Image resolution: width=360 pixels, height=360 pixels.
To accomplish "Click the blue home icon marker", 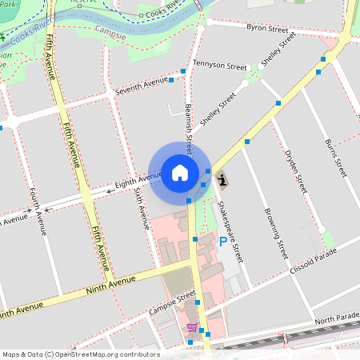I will pyautogui.click(x=180, y=172).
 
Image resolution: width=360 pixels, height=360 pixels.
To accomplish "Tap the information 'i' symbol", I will pyautogui.click(x=222, y=180).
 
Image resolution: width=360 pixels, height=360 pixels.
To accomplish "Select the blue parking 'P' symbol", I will pyautogui.click(x=222, y=240).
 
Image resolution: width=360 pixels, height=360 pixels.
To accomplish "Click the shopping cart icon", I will pyautogui.click(x=192, y=327).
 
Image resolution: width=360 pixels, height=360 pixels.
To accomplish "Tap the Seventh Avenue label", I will pyautogui.click(x=142, y=86).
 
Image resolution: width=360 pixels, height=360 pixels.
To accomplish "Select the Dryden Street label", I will pyautogui.click(x=297, y=170).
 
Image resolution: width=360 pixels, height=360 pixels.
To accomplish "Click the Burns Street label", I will pyautogui.click(x=334, y=157).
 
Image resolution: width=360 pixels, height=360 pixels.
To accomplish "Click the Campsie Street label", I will pyautogui.click(x=175, y=301).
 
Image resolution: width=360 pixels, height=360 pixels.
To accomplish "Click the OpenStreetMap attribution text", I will pyautogui.click(x=80, y=354).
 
